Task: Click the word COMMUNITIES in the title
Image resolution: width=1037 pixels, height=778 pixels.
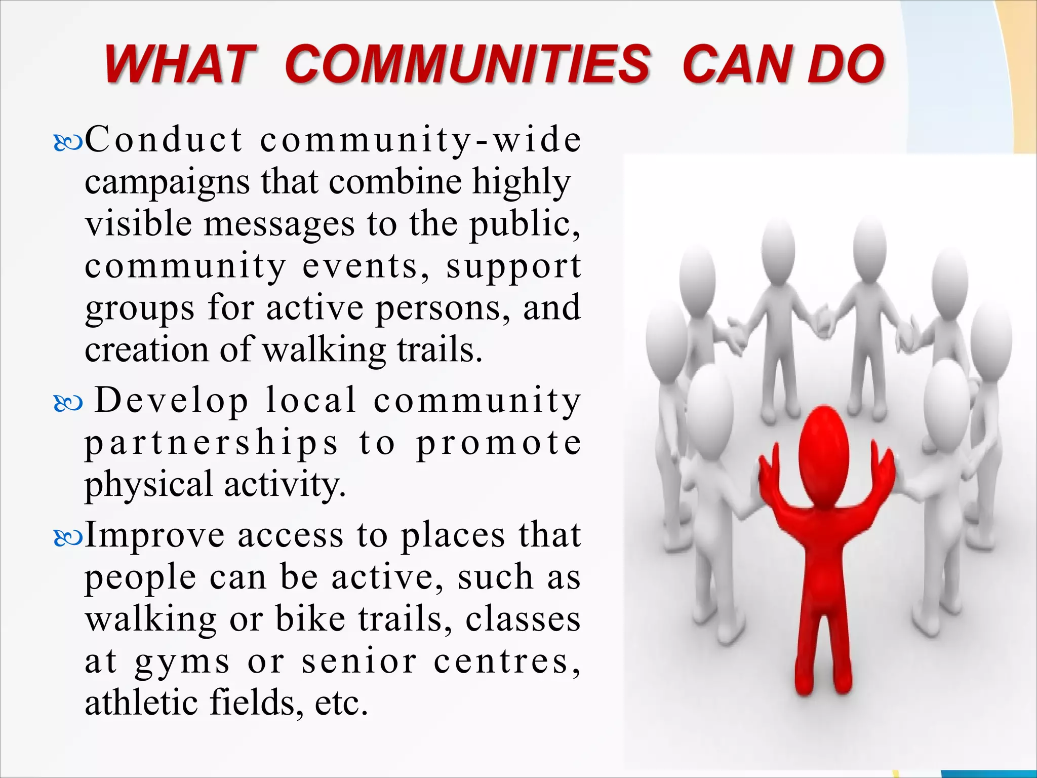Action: point(466,64)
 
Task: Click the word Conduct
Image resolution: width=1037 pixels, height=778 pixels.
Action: point(164,139)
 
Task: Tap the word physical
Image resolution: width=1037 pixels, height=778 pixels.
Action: point(148,484)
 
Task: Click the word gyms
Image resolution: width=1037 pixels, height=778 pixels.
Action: point(182,663)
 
